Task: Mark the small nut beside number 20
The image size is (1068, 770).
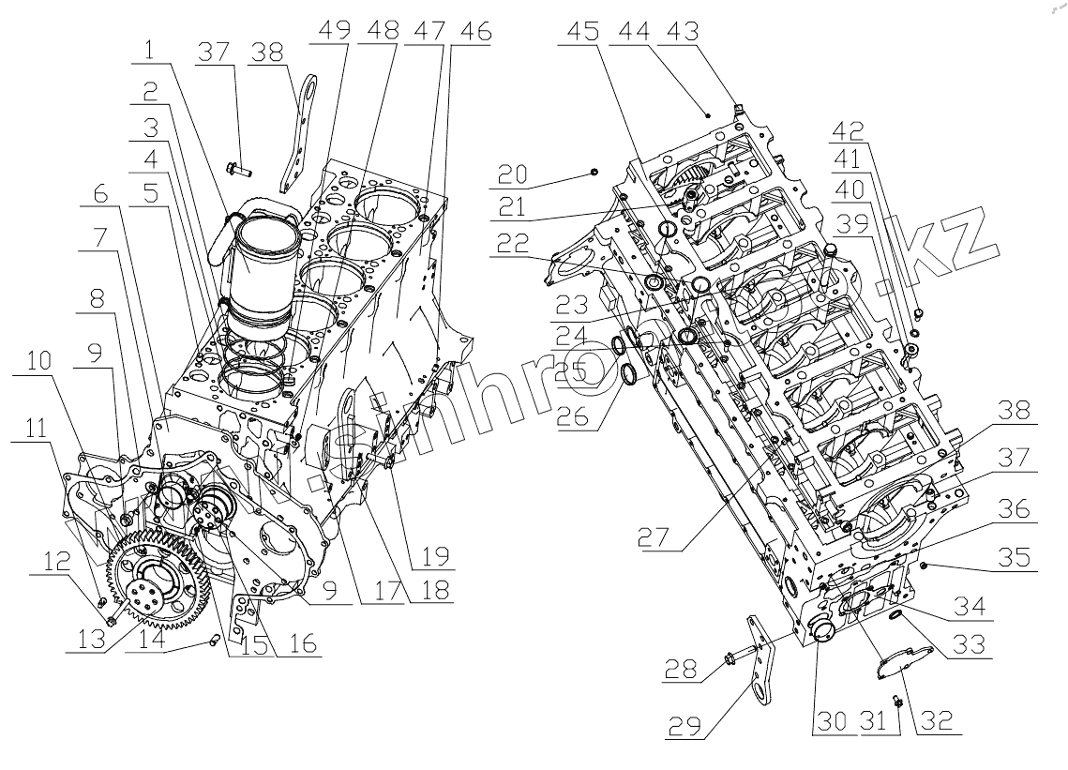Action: [x=596, y=171]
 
